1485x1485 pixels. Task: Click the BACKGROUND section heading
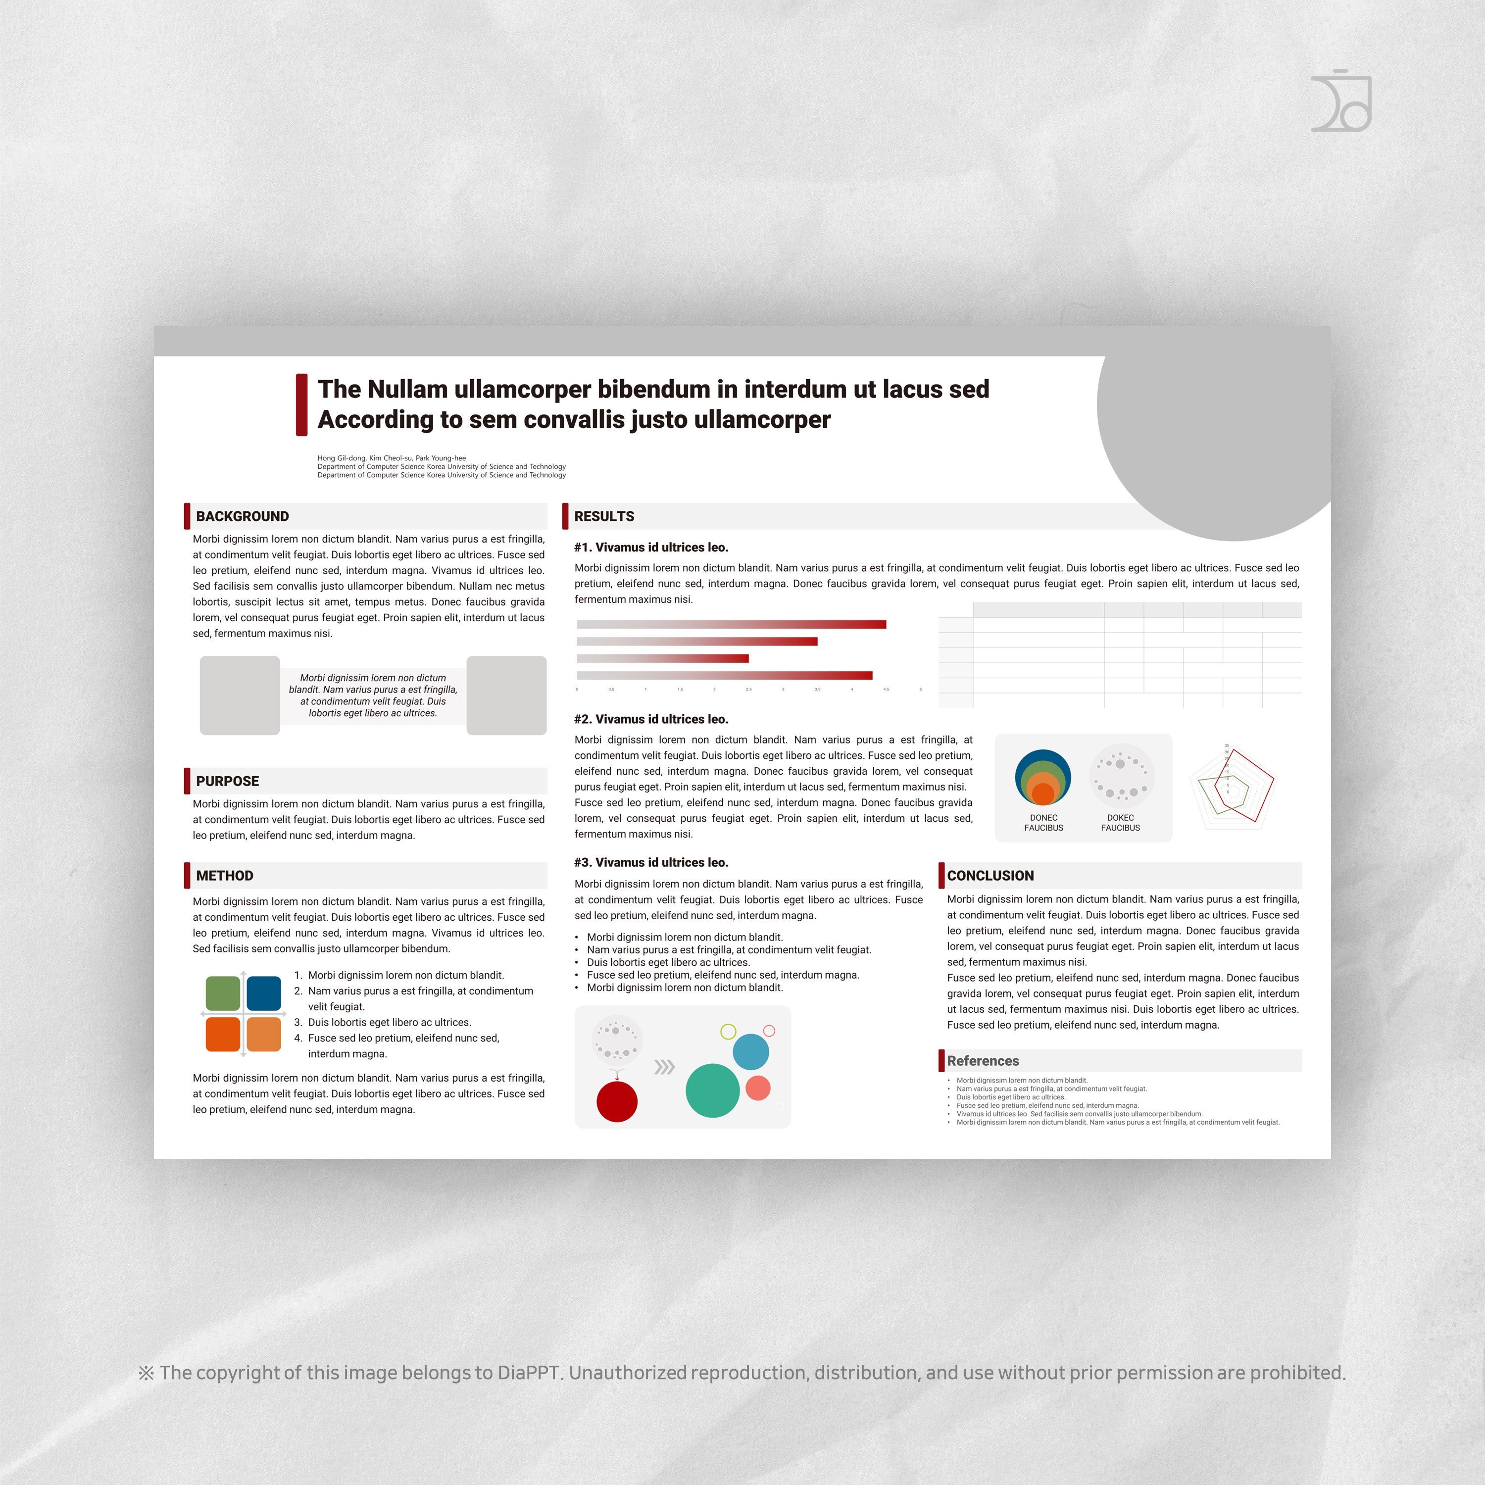(x=242, y=516)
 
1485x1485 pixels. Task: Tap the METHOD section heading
(x=224, y=876)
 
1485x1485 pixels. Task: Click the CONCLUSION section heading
(x=990, y=876)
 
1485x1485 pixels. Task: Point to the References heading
(x=982, y=1061)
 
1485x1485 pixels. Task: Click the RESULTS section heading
(x=604, y=516)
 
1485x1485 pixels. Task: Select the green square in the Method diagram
(x=223, y=993)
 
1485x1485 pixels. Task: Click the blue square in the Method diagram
(x=264, y=993)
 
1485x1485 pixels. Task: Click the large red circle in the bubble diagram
(x=616, y=1101)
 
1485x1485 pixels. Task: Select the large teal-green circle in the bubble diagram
(x=712, y=1090)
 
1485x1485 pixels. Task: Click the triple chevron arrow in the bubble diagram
(x=664, y=1067)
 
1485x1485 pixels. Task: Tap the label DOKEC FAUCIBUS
(x=1120, y=822)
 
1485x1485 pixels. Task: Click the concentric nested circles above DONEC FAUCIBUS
(x=1043, y=778)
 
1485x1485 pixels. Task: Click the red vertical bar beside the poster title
(x=302, y=405)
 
